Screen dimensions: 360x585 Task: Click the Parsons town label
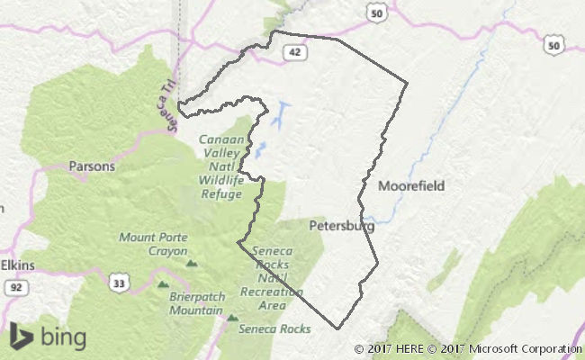[92, 166]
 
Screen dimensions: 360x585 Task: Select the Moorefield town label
[411, 186]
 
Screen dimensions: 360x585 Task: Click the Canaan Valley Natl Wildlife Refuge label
[221, 166]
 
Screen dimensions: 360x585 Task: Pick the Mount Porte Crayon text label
[153, 245]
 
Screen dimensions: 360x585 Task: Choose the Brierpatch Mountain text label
[195, 303]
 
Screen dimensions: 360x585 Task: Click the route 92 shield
[18, 288]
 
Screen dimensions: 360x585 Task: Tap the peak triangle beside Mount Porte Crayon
[192, 264]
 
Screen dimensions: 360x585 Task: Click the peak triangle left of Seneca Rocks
[232, 318]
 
